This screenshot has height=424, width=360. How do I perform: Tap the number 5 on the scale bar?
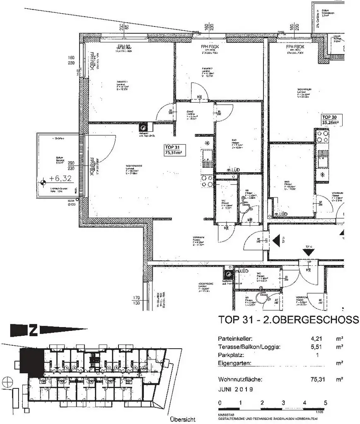pyautogui.click(x=325, y=402)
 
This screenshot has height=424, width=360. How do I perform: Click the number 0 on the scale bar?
pyautogui.click(x=220, y=402)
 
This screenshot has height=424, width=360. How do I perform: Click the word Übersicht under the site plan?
pyautogui.click(x=182, y=419)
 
